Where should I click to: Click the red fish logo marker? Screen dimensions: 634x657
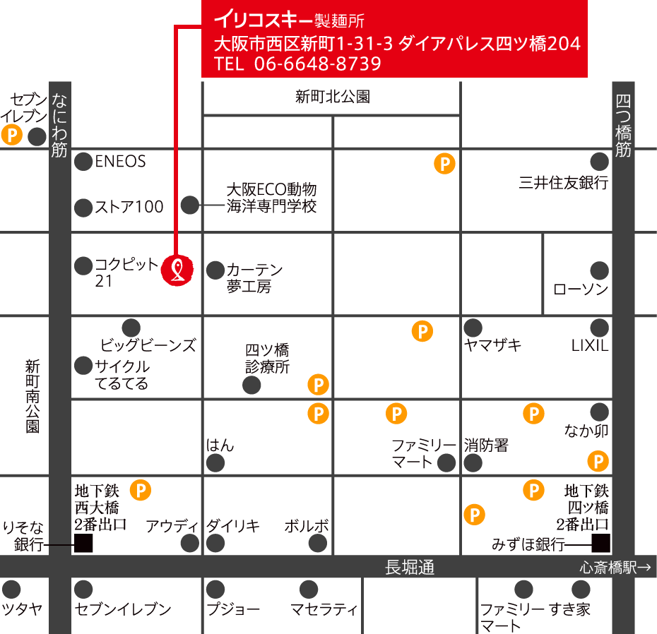(x=177, y=270)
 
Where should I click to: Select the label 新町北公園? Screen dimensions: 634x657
(x=333, y=97)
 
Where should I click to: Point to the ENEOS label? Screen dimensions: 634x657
(x=120, y=162)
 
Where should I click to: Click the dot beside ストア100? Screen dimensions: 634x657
(x=84, y=208)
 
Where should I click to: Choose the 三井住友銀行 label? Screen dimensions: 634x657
(x=563, y=183)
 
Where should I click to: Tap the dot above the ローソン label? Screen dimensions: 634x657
(x=599, y=270)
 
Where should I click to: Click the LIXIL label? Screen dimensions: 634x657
(x=589, y=346)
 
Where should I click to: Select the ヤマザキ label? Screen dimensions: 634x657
(x=492, y=345)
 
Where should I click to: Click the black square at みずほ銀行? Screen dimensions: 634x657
(x=601, y=542)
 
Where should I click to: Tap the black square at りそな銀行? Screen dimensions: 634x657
(x=83, y=543)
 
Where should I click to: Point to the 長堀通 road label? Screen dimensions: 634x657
(x=409, y=567)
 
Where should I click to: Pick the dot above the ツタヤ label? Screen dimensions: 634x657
(x=11, y=590)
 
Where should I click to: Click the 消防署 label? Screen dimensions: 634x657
(x=486, y=445)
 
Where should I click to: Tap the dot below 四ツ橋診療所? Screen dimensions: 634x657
(x=251, y=385)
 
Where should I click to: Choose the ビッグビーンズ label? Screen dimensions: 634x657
(x=148, y=346)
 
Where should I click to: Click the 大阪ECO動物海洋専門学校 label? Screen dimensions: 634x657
(x=271, y=198)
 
